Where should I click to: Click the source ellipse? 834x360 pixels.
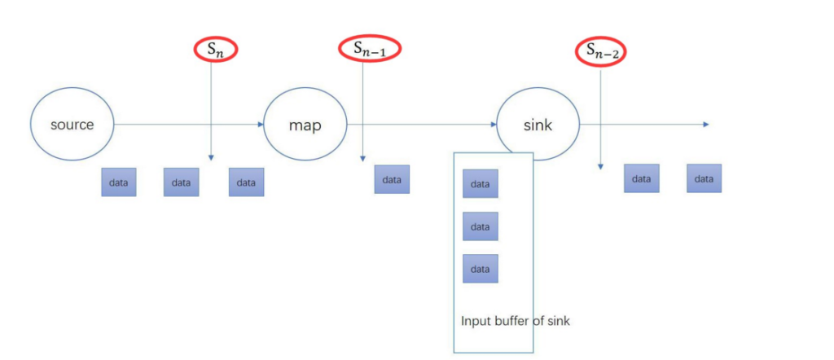click(x=72, y=125)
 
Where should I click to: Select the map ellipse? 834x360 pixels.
click(x=305, y=125)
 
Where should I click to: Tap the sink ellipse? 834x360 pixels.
click(x=538, y=125)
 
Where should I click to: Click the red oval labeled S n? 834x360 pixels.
click(x=211, y=49)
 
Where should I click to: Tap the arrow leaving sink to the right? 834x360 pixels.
click(x=643, y=125)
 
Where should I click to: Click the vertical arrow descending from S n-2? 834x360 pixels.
click(x=601, y=114)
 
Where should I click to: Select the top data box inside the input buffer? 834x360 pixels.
click(x=481, y=184)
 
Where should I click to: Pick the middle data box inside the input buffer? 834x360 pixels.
click(x=481, y=226)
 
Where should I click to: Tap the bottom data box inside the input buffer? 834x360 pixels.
click(x=481, y=269)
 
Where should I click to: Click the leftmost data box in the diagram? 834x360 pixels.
click(x=119, y=182)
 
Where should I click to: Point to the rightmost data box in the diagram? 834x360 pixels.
click(x=704, y=178)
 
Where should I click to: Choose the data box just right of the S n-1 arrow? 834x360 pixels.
click(x=392, y=179)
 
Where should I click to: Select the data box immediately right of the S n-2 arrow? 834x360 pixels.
click(x=642, y=178)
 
